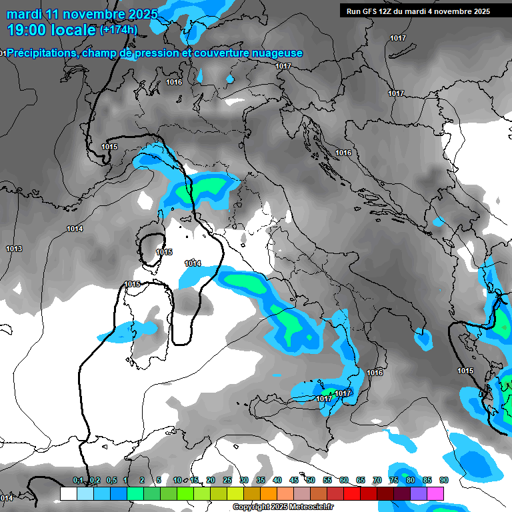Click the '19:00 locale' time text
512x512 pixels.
pyautogui.click(x=51, y=29)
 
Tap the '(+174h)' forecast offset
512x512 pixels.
pyautogui.click(x=118, y=29)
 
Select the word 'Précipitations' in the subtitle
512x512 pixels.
pyautogui.click(x=41, y=53)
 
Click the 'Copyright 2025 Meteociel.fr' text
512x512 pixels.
pyautogui.click(x=283, y=507)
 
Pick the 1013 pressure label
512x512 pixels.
pyautogui.click(x=14, y=249)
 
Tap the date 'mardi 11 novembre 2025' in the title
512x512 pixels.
pyautogui.click(x=82, y=13)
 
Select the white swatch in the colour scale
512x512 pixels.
pyautogui.click(x=68, y=493)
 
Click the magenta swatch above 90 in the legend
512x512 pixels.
pyautogui.click(x=435, y=493)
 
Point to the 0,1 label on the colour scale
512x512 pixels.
pyautogui.click(x=78, y=480)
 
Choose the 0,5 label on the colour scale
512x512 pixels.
pyautogui.click(x=111, y=480)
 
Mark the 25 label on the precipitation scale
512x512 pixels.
pyautogui.click(x=227, y=480)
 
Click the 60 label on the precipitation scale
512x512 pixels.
pyautogui.click(x=344, y=480)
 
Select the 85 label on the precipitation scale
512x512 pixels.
pyautogui.click(x=427, y=480)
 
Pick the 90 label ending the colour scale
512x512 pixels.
pyautogui.click(x=444, y=480)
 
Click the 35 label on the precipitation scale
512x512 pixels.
pyautogui.click(x=261, y=480)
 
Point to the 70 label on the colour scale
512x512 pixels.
pyautogui.click(x=377, y=480)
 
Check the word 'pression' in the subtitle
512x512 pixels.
pyautogui.click(x=158, y=53)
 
